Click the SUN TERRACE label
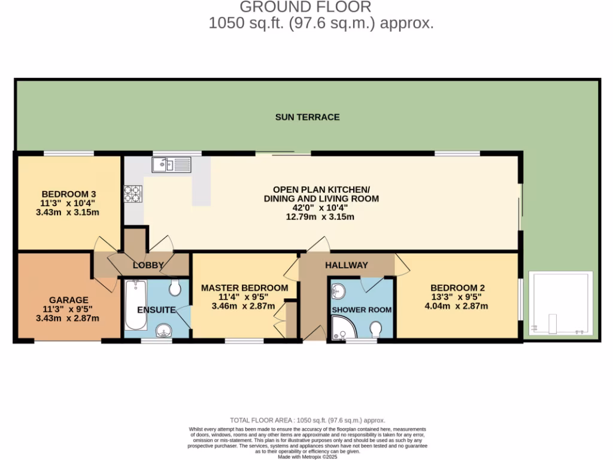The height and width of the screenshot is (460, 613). (x=307, y=117)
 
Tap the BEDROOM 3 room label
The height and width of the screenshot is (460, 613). (x=69, y=194)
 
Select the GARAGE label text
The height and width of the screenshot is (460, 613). (x=69, y=300)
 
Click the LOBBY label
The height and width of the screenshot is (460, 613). (x=148, y=265)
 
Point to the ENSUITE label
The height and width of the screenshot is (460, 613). (x=156, y=310)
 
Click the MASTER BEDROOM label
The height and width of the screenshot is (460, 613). (x=244, y=288)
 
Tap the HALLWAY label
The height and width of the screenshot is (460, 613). (x=347, y=265)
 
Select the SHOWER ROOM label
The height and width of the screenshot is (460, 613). (x=362, y=310)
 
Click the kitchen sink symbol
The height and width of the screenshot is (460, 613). (x=171, y=164)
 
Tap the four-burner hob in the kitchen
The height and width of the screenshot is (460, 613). (x=133, y=193)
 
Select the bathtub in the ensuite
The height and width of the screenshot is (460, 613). (x=136, y=305)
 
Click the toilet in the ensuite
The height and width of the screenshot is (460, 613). (x=175, y=289)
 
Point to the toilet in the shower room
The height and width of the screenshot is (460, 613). (x=376, y=330)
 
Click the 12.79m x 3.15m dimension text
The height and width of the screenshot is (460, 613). (x=320, y=217)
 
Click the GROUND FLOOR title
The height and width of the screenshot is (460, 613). (x=305, y=7)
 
